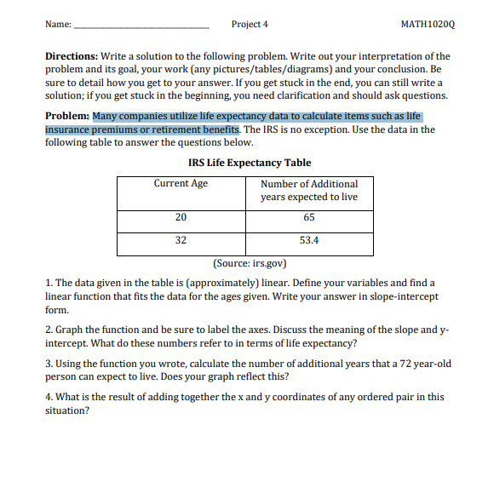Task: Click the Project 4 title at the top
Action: point(250,24)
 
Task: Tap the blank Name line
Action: point(141,26)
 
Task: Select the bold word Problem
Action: point(67,117)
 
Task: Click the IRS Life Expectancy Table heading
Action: point(249,163)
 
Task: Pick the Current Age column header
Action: point(181,184)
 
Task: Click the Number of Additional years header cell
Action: point(309,190)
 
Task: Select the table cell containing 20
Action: point(181,218)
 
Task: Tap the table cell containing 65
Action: point(309,218)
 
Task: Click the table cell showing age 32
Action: point(181,241)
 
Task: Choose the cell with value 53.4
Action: point(309,241)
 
